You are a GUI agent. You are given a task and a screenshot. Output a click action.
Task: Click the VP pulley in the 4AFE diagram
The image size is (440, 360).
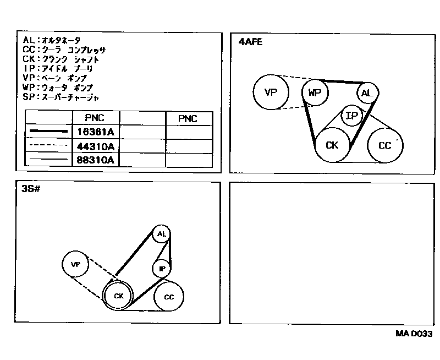(271, 92)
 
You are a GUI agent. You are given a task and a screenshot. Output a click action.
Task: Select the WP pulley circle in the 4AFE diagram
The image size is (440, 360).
(315, 92)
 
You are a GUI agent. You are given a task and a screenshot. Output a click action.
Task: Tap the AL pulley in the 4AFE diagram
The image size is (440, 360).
(367, 92)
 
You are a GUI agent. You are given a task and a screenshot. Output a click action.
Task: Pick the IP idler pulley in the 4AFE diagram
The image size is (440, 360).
(352, 116)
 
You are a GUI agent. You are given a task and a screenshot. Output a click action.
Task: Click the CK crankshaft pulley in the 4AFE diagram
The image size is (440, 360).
(332, 145)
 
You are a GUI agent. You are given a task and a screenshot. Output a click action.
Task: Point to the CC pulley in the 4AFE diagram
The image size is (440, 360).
(385, 145)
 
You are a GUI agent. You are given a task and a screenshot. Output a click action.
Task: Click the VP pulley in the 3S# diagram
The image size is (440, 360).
(76, 265)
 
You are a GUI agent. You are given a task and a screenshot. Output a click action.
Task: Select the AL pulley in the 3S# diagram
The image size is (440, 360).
(161, 234)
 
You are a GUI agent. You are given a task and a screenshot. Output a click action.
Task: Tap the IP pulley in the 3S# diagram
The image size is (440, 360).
(162, 268)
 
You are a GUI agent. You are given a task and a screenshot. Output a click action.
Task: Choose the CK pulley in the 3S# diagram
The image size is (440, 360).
(119, 296)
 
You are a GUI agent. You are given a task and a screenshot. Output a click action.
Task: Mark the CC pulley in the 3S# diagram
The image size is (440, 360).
(169, 297)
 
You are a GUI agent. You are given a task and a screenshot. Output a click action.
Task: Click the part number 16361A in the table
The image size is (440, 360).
(95, 132)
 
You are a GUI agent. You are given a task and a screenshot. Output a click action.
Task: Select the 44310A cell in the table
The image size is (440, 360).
(95, 146)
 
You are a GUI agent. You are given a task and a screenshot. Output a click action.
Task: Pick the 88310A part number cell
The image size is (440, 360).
(95, 160)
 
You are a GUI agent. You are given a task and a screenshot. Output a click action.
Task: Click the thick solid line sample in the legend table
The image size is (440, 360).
(49, 132)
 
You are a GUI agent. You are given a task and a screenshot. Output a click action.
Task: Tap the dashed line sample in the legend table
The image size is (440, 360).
(49, 146)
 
